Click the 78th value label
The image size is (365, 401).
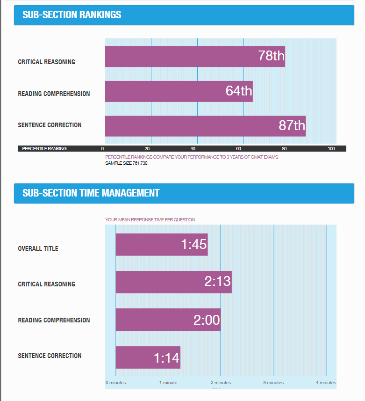(x=271, y=56)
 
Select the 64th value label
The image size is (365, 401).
(x=239, y=91)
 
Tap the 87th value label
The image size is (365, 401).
(x=292, y=125)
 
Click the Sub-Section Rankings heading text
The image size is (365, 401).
(x=72, y=15)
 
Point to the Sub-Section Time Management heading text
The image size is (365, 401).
(x=91, y=193)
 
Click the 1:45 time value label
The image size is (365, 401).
(x=194, y=244)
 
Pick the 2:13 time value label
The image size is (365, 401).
(x=218, y=281)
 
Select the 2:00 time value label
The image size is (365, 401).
(x=207, y=320)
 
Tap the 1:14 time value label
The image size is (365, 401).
(x=166, y=358)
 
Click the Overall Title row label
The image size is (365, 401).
(x=38, y=248)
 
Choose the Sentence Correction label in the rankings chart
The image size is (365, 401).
(x=50, y=125)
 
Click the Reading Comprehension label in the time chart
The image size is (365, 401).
(x=54, y=320)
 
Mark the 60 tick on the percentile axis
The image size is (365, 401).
(x=243, y=149)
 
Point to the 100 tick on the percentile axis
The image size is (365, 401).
(x=331, y=149)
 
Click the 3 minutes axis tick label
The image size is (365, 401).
(x=273, y=383)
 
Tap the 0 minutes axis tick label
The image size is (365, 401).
(x=115, y=383)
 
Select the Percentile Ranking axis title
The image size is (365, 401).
(x=44, y=149)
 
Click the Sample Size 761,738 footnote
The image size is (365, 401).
(x=126, y=163)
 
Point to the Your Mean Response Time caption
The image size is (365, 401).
(x=150, y=219)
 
